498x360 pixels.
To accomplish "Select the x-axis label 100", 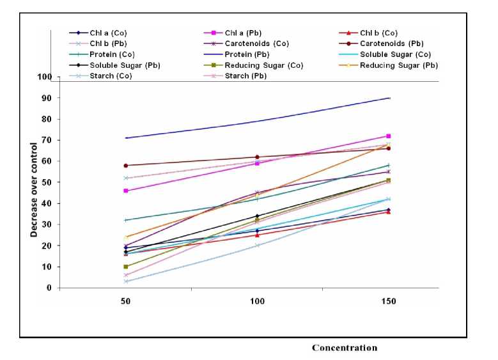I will [257, 301].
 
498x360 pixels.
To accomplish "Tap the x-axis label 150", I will [388, 301].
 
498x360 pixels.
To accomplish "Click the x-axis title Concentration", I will [344, 348].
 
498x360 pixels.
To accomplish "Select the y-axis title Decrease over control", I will [34, 189].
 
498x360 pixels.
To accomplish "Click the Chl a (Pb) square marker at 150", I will [388, 136].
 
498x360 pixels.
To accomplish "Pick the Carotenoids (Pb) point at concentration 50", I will [126, 166].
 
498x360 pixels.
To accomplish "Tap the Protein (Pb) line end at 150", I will [388, 98].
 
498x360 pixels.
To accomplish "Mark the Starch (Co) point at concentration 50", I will [126, 281].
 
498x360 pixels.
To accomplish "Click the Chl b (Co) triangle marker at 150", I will [388, 212].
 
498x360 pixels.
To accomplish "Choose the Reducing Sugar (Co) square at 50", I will [126, 267].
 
